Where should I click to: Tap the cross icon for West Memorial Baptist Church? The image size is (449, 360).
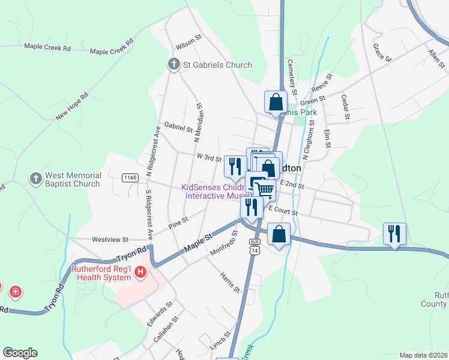[35, 178]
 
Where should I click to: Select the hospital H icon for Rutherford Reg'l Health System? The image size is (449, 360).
[140, 273]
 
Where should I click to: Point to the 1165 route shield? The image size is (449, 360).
[130, 177]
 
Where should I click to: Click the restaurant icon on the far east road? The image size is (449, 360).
[394, 233]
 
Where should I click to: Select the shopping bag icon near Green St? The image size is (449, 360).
[276, 101]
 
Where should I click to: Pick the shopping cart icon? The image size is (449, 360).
[265, 190]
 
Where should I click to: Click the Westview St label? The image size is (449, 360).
[110, 239]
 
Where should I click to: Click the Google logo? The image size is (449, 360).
[20, 353]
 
